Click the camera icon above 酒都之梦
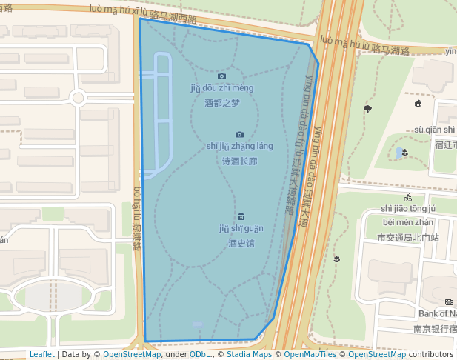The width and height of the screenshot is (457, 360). tap(221, 76)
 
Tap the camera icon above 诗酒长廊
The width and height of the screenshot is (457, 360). tap(239, 135)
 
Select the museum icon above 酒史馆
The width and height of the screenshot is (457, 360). tap(241, 216)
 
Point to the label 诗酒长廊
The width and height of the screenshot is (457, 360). tap(239, 161)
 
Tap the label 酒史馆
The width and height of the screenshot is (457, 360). tap(241, 243)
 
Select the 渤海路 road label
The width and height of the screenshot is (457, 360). tap(137, 219)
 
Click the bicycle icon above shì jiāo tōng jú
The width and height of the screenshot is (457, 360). tap(408, 197)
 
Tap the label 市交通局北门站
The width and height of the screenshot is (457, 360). tap(408, 238)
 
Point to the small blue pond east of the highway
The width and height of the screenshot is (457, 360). tap(400, 152)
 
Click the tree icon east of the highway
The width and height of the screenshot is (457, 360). tap(367, 109)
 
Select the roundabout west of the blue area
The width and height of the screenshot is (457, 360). tap(78, 97)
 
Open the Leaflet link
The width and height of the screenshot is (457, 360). tap(41, 354)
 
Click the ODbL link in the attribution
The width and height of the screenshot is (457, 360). tap(200, 354)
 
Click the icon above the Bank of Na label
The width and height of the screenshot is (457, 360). tap(449, 301)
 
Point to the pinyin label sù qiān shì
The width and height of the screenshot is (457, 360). tap(435, 130)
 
